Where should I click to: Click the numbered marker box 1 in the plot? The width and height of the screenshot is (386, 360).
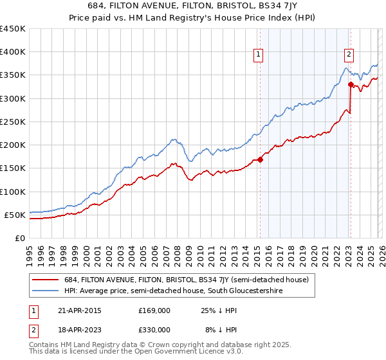tap(258, 55)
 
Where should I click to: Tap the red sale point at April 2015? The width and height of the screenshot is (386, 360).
tap(260, 160)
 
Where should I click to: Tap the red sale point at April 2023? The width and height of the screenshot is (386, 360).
tap(351, 84)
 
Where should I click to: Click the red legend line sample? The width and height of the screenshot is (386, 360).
tap(46, 280)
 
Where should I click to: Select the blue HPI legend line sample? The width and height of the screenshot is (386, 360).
tap(46, 291)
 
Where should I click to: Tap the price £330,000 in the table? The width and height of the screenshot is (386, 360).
tap(154, 329)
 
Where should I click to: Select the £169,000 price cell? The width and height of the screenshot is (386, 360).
tap(154, 310)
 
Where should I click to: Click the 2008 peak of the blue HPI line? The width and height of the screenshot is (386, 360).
tap(173, 139)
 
